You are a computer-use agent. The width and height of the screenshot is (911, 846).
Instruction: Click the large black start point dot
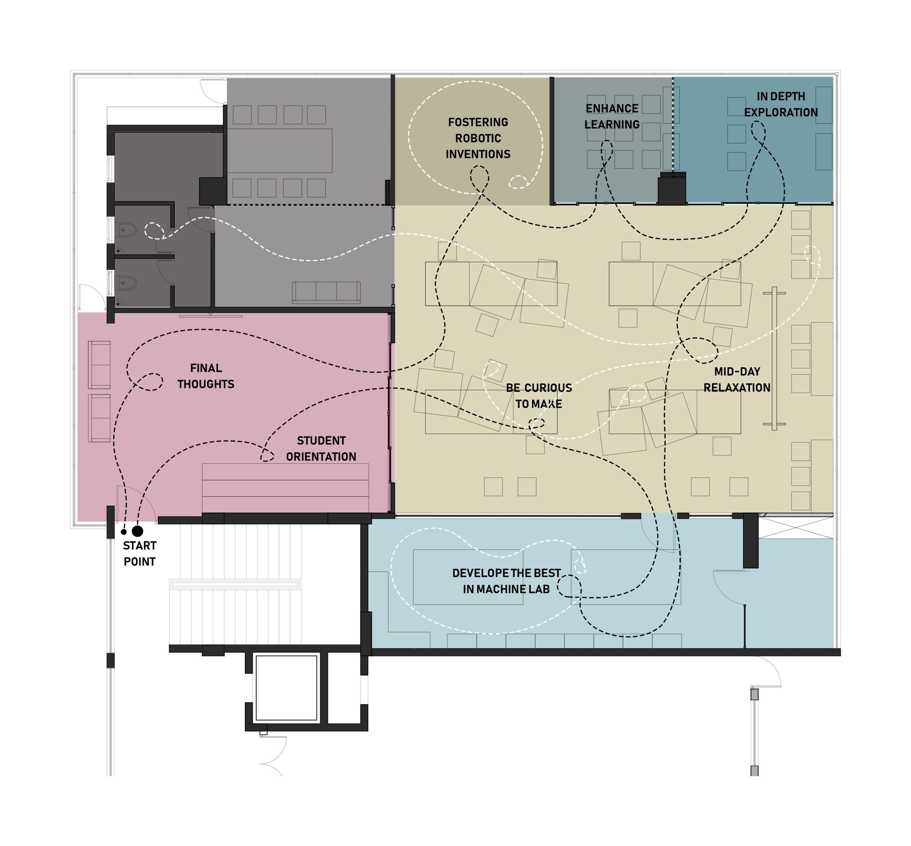pyautogui.click(x=137, y=531)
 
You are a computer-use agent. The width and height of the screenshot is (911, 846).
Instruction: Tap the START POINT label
pyautogui.click(x=139, y=553)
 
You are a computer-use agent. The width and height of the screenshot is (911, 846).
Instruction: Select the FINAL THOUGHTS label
pyautogui.click(x=206, y=376)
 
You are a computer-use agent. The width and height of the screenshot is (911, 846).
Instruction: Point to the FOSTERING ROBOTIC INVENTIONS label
pyautogui.click(x=478, y=138)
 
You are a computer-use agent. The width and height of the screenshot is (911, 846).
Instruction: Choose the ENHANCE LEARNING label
pyautogui.click(x=612, y=116)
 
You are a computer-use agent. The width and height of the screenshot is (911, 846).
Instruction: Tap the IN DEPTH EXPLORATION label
pyautogui.click(x=780, y=104)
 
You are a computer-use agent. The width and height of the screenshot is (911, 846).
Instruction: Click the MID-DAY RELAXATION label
pyautogui.click(x=737, y=379)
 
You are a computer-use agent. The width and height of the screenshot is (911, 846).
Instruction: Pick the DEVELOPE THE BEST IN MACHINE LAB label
pyautogui.click(x=506, y=581)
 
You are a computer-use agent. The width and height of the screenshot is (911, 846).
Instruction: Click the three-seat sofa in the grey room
pyautogui.click(x=326, y=292)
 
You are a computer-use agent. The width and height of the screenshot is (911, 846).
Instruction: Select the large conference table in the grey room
pyautogui.click(x=280, y=151)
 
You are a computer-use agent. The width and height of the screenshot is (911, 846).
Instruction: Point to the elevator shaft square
pyautogui.click(x=286, y=688)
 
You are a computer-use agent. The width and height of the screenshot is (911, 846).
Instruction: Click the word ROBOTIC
pyautogui.click(x=478, y=138)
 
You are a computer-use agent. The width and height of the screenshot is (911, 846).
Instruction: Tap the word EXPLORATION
pyautogui.click(x=780, y=112)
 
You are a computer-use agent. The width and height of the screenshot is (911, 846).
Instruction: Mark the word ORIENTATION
pyautogui.click(x=321, y=456)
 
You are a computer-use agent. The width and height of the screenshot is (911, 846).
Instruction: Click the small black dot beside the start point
pyautogui.click(x=123, y=532)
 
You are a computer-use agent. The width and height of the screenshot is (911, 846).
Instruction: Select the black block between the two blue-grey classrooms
pyautogui.click(x=672, y=190)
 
